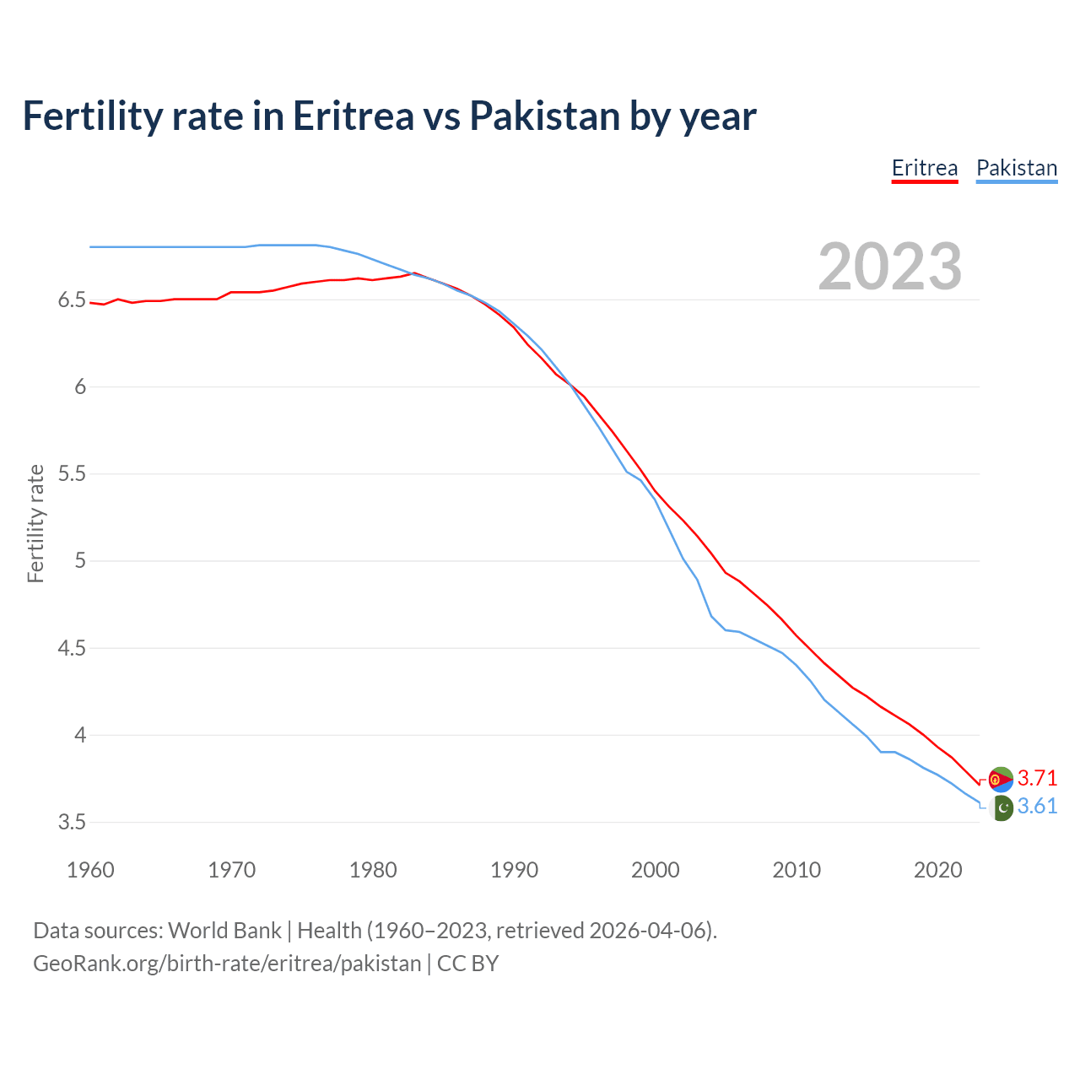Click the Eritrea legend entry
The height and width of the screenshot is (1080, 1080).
(925, 168)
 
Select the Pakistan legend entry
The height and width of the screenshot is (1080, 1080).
(1017, 168)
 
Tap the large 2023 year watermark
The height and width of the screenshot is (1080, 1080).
(890, 267)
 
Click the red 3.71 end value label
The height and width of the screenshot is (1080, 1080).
(1037, 778)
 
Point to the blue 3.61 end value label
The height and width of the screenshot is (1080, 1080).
(1037, 807)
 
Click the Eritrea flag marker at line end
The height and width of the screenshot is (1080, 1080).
(1001, 780)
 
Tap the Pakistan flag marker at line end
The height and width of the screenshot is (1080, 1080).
(1002, 807)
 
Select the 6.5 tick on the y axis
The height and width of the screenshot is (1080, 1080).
(72, 300)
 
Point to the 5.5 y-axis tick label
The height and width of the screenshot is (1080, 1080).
(72, 474)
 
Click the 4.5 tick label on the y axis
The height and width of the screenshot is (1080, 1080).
(72, 648)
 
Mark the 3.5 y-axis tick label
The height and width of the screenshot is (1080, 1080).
(72, 822)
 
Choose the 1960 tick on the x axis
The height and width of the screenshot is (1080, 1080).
(90, 870)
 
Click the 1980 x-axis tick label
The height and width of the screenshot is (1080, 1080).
(373, 870)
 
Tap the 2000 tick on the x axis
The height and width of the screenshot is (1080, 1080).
(656, 870)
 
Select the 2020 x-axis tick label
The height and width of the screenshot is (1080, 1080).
(937, 870)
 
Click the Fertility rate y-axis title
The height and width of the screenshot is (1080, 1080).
(35, 523)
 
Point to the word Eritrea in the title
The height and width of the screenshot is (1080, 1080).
(354, 116)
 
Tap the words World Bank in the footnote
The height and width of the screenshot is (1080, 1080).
(224, 931)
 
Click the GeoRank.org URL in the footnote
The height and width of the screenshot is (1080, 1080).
(227, 964)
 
